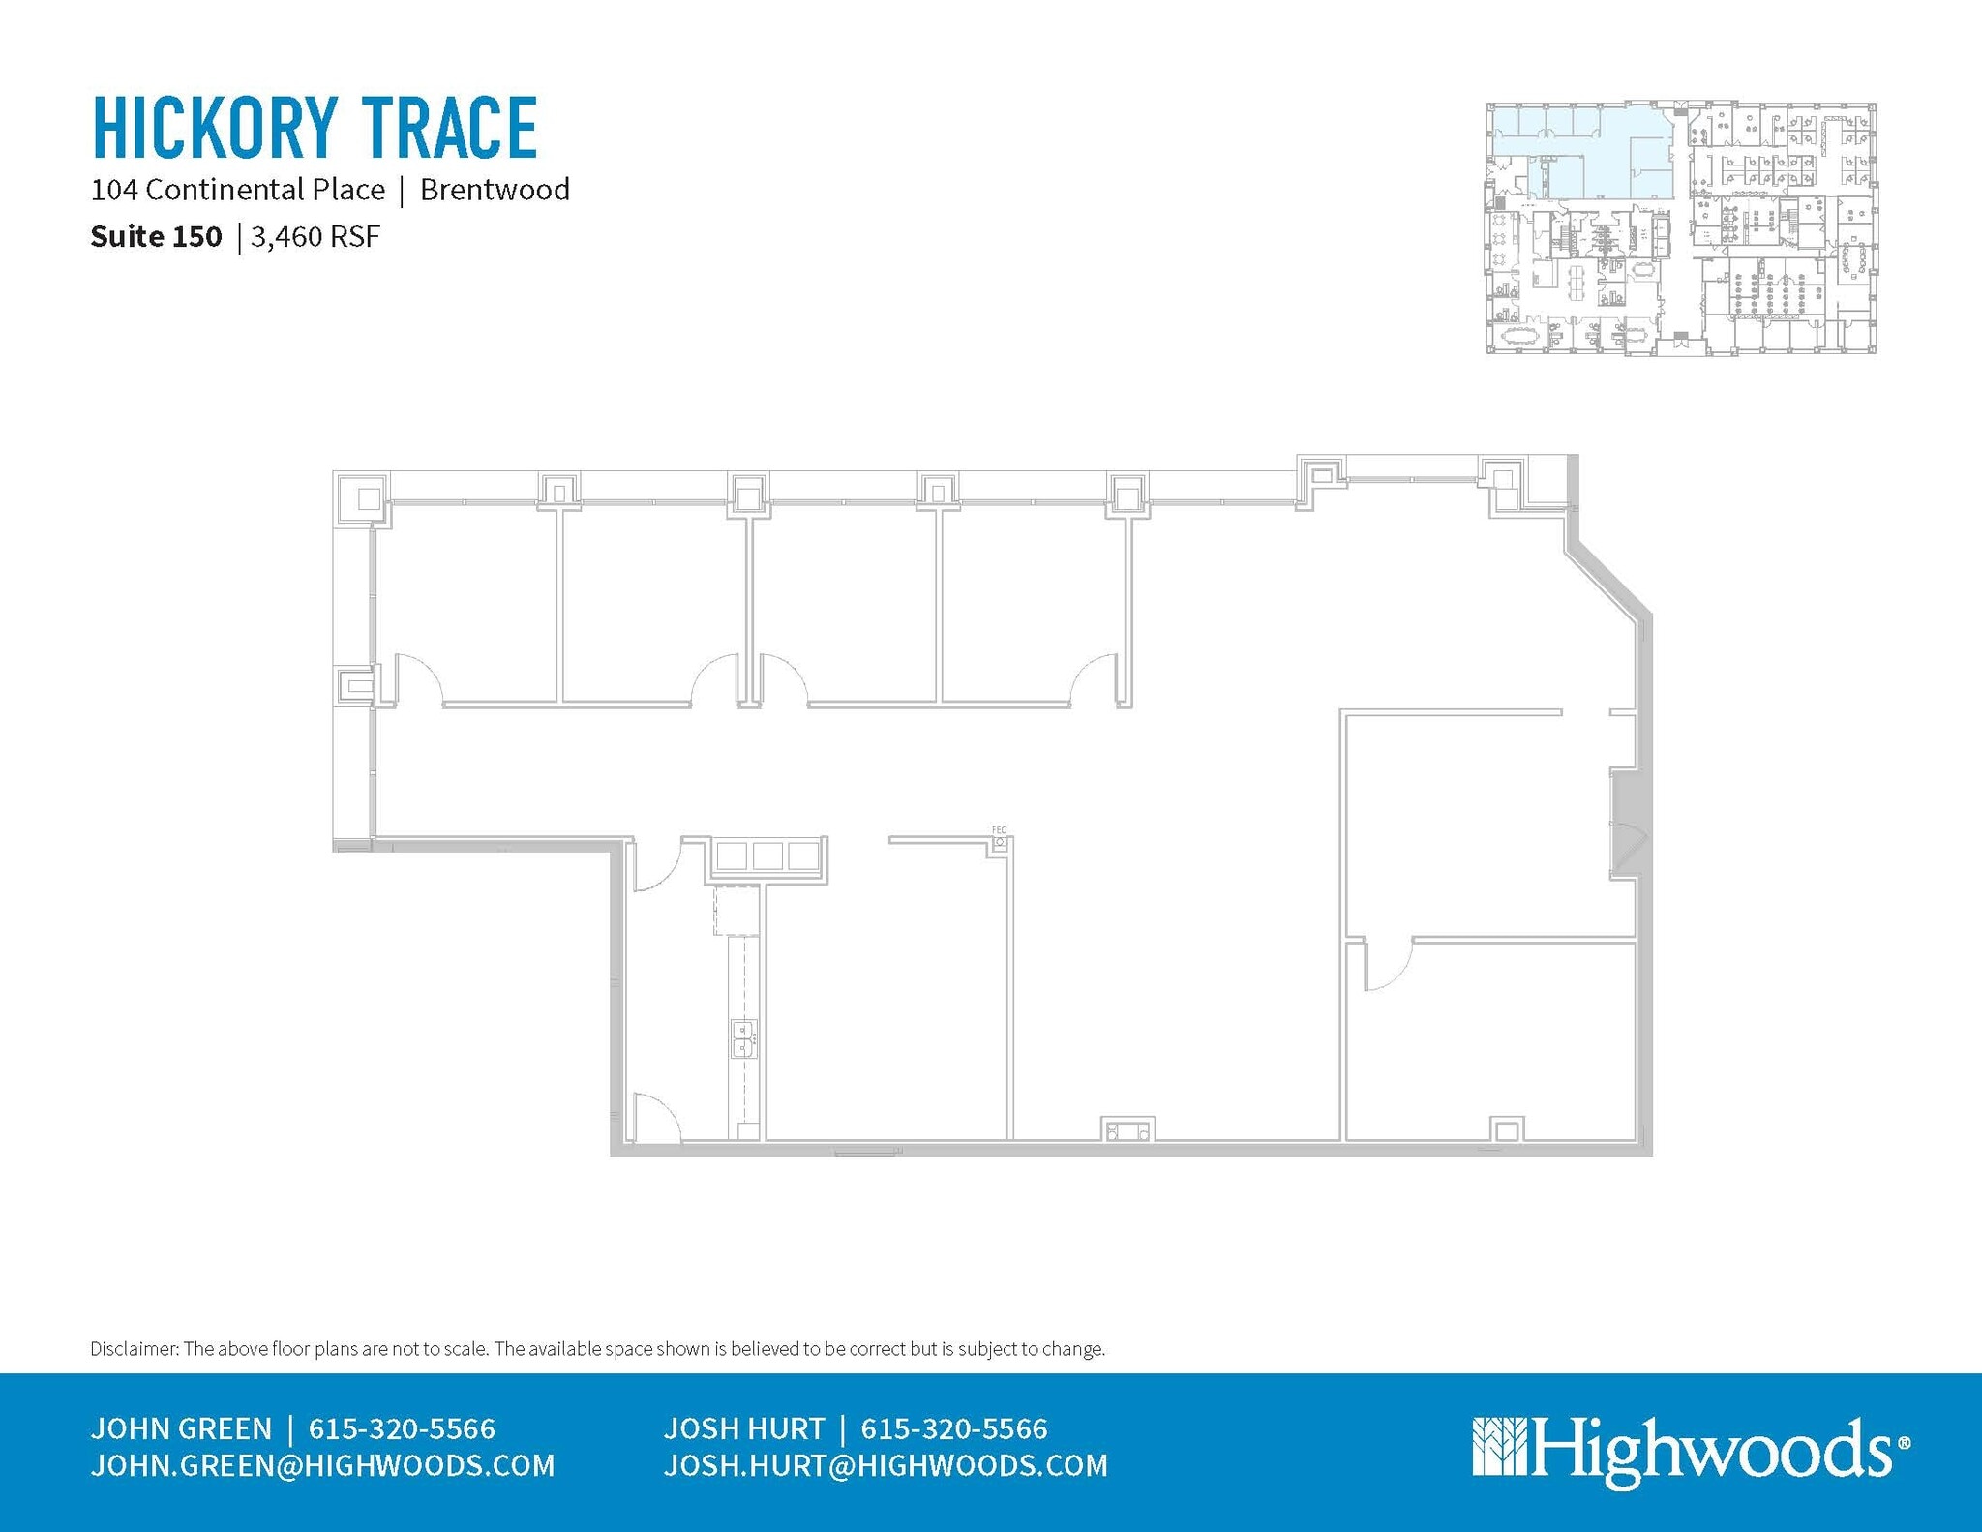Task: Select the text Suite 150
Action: [156, 237]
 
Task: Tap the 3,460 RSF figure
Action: [315, 237]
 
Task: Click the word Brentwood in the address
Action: [495, 190]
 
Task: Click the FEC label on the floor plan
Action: [999, 830]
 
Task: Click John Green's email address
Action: [322, 1466]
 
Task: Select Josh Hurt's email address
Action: [886, 1466]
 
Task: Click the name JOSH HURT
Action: [743, 1428]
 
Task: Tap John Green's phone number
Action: [402, 1428]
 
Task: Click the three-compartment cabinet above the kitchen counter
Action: [770, 856]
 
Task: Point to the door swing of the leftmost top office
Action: [419, 677]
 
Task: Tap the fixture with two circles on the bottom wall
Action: [1127, 1129]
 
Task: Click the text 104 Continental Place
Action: [238, 190]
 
